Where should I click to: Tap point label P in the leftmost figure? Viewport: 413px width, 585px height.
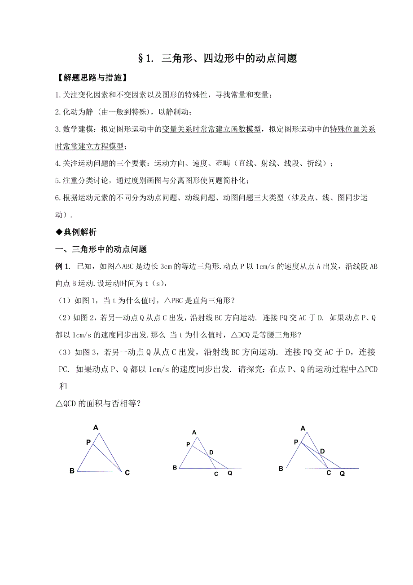click(x=88, y=443)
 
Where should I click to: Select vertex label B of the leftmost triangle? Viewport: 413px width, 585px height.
click(x=72, y=471)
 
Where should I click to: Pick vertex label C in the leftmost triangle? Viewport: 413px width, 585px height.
click(x=127, y=473)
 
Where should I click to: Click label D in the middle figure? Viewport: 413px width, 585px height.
click(x=211, y=452)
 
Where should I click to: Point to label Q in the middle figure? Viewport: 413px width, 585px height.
click(x=230, y=473)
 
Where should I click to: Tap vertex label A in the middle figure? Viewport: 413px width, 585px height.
click(x=194, y=432)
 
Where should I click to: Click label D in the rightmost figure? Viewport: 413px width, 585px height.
click(x=322, y=451)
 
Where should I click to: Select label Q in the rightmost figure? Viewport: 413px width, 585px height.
click(x=342, y=473)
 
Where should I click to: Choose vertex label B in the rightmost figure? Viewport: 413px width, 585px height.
click(x=281, y=469)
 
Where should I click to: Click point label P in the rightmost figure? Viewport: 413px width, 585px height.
click(x=296, y=443)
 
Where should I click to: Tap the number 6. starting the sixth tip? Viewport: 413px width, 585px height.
click(x=57, y=198)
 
